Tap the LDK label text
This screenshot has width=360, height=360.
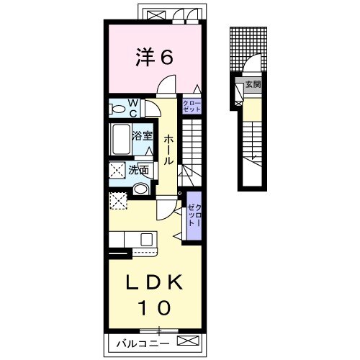coord(154,282)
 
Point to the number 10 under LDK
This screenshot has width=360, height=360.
coord(154,308)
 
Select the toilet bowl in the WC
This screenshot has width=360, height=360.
coord(117,109)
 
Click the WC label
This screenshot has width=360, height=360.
coord(133,109)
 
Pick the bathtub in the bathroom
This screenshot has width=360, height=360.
coord(121,139)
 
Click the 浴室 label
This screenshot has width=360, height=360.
coord(143,136)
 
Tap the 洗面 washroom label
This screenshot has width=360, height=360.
coord(138,171)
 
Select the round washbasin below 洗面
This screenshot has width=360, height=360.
coord(140,189)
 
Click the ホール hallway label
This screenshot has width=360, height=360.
coord(168,149)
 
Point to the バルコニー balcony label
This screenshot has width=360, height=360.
coord(143,344)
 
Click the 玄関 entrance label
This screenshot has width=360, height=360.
coord(253,84)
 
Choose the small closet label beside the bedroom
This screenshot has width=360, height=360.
coord(192,107)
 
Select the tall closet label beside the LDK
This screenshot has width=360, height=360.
coord(194,215)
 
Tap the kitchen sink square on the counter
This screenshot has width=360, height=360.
coord(146,239)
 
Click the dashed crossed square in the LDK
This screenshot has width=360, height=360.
coord(118,201)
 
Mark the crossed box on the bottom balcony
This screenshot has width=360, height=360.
coord(189,341)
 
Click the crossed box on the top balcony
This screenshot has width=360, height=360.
coord(156,15)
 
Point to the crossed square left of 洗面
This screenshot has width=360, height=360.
coord(117,170)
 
